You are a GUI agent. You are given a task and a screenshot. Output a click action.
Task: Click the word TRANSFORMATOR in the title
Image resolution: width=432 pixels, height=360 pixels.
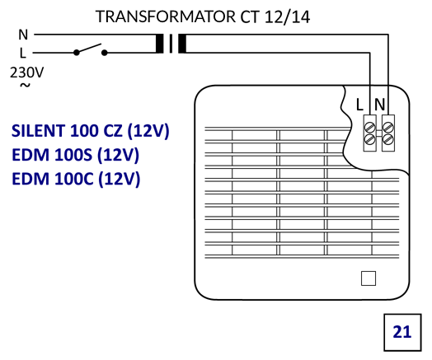[x=166, y=16]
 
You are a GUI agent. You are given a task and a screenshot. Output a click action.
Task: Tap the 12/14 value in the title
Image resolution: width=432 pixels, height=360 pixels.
[x=287, y=16]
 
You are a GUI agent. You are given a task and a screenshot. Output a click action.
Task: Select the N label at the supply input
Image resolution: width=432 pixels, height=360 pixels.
[x=23, y=35]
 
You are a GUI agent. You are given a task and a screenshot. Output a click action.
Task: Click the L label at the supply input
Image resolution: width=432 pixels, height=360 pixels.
[x=22, y=53]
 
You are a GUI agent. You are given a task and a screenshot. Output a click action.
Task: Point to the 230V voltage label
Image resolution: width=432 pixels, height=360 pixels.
[x=26, y=72]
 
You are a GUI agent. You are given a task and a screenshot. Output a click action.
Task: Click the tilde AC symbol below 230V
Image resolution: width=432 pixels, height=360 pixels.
[x=25, y=86]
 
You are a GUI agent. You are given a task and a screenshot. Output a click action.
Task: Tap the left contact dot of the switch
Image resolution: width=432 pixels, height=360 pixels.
[x=77, y=52]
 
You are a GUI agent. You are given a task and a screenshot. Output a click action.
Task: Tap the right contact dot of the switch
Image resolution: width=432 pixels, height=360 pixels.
[x=105, y=52]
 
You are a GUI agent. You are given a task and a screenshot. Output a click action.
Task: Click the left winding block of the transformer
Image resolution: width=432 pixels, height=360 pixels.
[x=159, y=44]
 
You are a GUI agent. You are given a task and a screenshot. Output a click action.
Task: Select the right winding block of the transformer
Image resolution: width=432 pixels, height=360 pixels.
[x=182, y=44]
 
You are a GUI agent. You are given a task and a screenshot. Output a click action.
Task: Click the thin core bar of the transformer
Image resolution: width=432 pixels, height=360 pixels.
[x=171, y=44]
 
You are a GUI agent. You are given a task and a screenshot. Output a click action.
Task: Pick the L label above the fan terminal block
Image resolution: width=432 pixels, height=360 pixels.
[x=359, y=105]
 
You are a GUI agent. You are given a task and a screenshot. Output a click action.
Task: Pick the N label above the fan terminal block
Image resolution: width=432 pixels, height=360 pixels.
[x=379, y=105]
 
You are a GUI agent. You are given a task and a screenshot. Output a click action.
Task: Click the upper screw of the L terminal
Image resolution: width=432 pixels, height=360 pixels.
[x=369, y=128]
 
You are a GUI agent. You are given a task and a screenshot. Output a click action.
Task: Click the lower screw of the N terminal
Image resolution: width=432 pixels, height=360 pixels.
[x=388, y=139]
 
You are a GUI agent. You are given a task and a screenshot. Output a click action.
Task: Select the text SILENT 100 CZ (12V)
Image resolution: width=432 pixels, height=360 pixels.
[x=90, y=131]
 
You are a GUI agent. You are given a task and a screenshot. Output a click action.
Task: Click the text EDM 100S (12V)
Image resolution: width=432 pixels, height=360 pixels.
[x=76, y=155]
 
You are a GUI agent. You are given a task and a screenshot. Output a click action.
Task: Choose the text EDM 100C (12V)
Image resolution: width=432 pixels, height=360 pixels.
[x=76, y=179]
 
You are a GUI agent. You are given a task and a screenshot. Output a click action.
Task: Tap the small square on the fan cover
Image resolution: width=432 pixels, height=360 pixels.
[x=369, y=278]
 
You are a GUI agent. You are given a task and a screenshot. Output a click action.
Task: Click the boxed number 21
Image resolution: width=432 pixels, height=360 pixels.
[x=402, y=332]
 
